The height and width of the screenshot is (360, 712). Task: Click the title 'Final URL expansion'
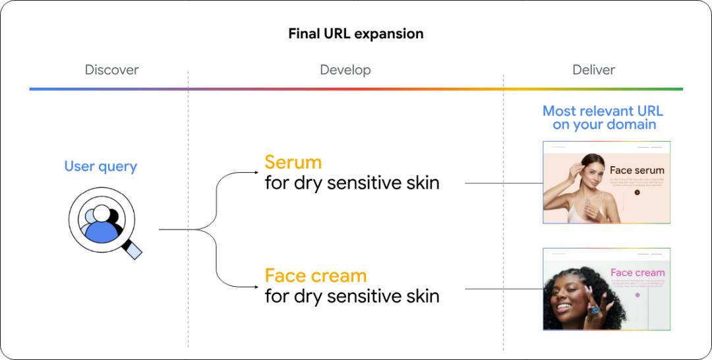(355, 34)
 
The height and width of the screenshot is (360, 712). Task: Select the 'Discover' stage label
(111, 70)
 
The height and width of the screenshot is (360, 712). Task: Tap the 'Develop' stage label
(345, 70)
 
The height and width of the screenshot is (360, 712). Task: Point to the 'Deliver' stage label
(593, 70)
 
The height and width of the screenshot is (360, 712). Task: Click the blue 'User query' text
(100, 166)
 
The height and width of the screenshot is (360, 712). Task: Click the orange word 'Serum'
(293, 162)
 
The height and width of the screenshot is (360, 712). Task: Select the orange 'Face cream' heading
(315, 276)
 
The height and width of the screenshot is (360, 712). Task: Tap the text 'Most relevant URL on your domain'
(603, 117)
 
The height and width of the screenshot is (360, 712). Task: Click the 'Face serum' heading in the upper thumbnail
(637, 170)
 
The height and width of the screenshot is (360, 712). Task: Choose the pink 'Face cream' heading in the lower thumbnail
(638, 272)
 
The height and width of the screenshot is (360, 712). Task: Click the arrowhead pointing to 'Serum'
(256, 173)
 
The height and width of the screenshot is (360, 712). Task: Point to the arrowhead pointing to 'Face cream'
(256, 286)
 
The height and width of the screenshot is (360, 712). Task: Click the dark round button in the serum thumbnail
(637, 193)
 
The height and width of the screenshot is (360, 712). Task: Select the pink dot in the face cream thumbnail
(638, 295)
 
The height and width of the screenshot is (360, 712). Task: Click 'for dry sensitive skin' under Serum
(351, 183)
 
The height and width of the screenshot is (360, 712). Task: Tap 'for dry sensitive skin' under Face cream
(351, 296)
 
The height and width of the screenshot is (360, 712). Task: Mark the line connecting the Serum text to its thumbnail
(503, 183)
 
